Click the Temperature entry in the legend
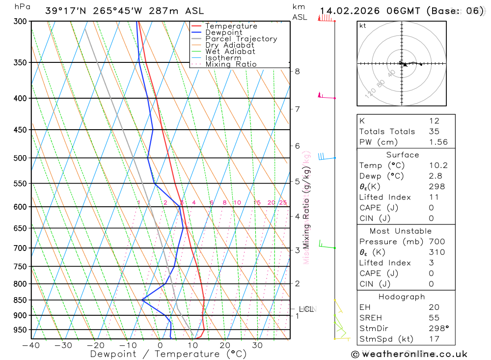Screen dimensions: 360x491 pos(231,26)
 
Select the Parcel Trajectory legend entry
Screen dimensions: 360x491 pos(241,39)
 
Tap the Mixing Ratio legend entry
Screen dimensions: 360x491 pos(231,64)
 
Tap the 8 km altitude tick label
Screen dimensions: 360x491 pos(297,71)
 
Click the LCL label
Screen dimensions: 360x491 pos(306,309)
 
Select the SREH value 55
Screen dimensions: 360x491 pos(434,318)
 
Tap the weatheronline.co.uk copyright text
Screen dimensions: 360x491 pos(409,354)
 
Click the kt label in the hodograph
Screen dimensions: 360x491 pos(363,26)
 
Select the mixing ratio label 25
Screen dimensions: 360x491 pos(283,203)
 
